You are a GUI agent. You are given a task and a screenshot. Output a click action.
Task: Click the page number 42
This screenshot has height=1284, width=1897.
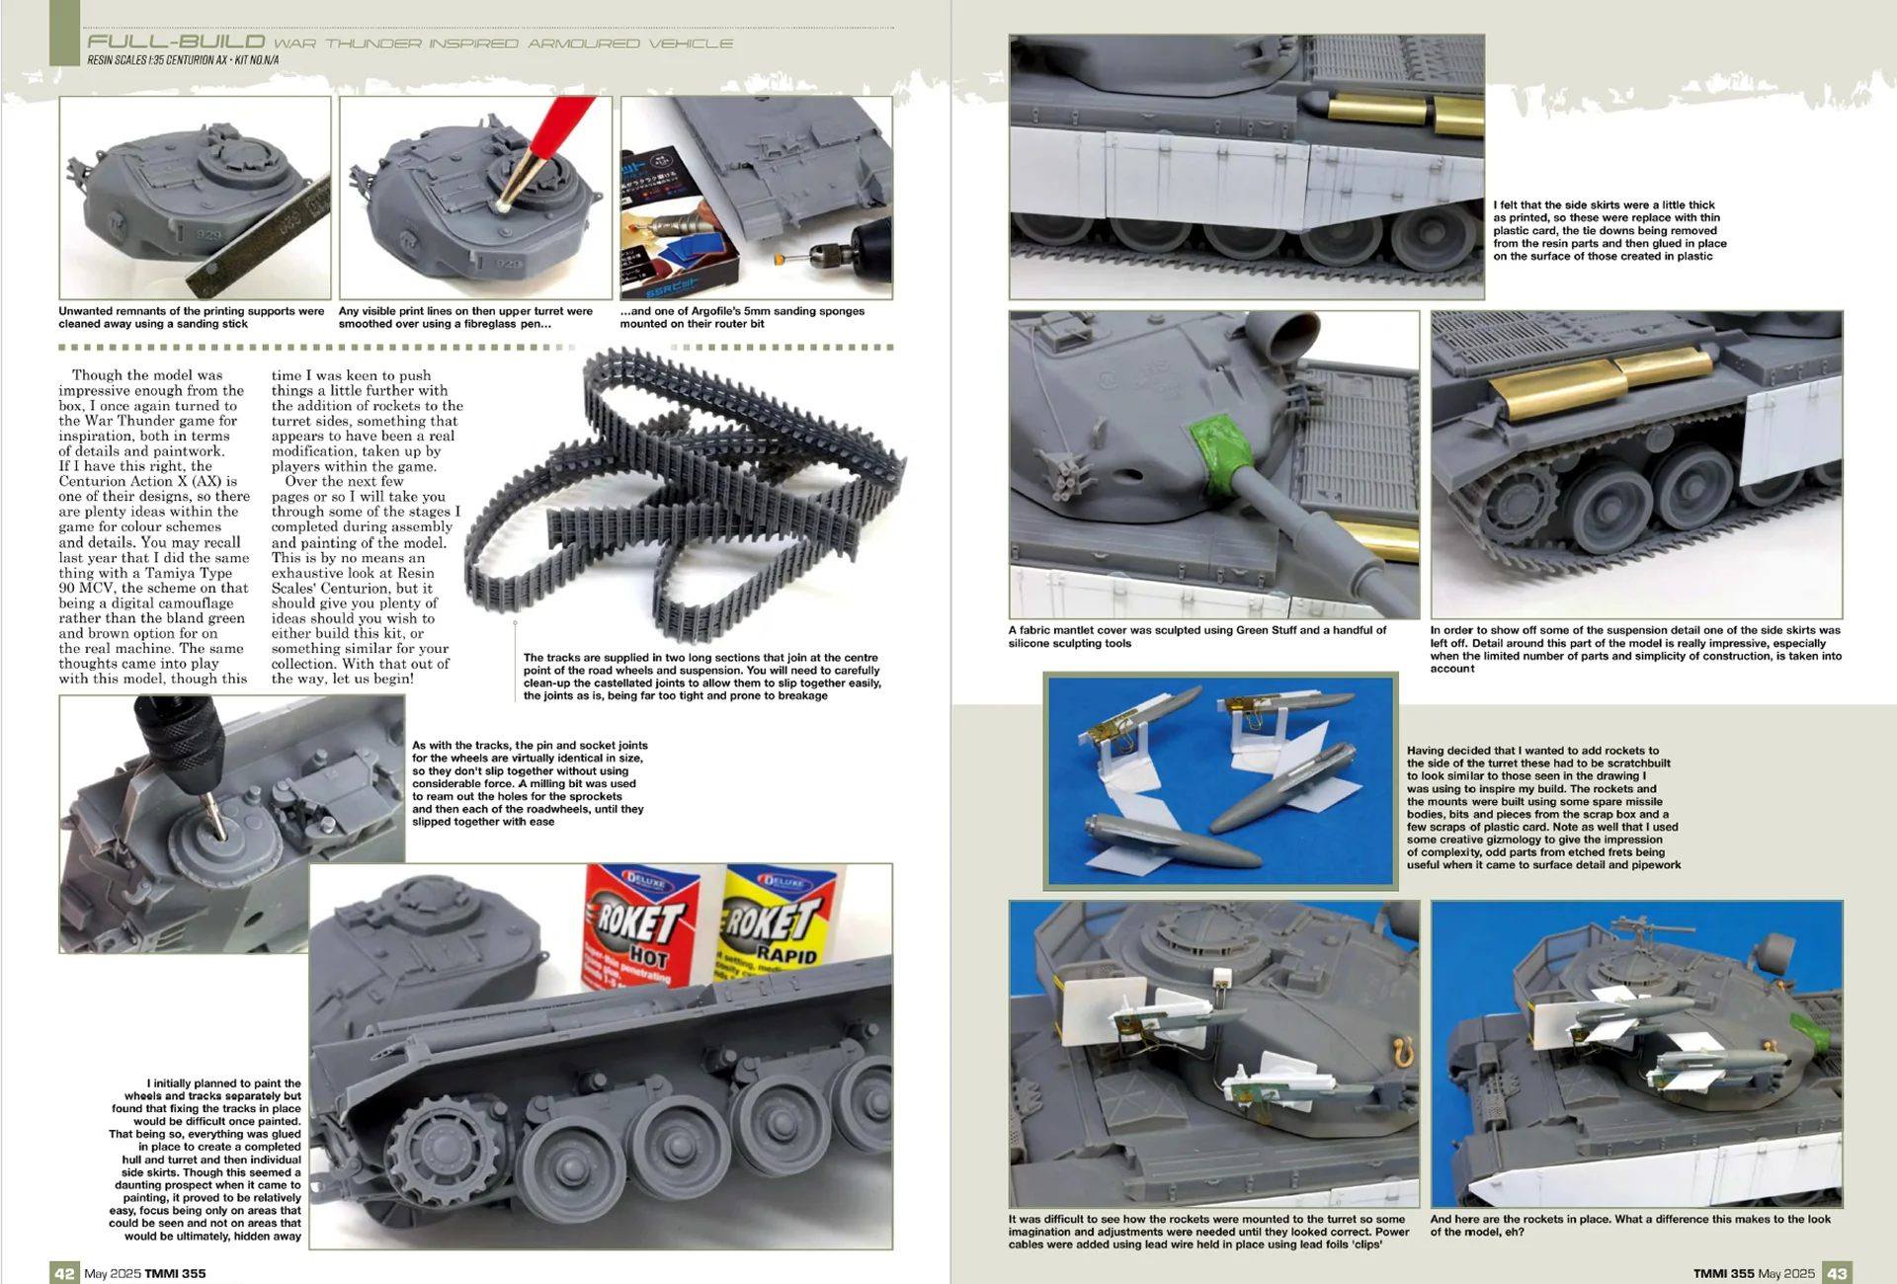(64, 1273)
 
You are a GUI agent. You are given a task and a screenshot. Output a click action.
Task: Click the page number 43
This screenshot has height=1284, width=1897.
(1837, 1273)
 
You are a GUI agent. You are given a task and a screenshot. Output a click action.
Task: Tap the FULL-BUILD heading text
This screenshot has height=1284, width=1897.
(176, 41)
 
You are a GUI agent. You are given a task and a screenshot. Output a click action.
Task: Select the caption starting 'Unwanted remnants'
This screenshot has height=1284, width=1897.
(192, 317)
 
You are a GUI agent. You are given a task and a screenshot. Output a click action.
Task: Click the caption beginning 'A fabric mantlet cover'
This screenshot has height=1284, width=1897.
(1197, 636)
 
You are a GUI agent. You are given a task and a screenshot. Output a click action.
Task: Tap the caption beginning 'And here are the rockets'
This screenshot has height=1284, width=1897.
(1630, 1226)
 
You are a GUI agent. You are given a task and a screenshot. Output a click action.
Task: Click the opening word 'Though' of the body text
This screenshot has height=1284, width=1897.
(97, 375)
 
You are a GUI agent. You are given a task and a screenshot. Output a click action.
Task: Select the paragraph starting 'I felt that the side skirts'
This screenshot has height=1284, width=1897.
(1609, 230)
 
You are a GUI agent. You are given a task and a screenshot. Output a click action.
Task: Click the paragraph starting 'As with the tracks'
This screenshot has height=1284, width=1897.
(530, 783)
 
